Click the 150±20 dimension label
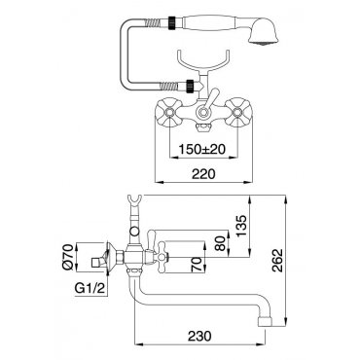coord(202,149)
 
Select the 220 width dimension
coord(203,174)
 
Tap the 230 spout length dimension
coord(199,336)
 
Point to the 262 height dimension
coord(277,260)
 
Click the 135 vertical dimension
coord(241,226)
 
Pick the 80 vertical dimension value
coord(221,243)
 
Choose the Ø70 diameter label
coord(67,257)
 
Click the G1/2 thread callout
coord(90,288)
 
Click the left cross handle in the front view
coord(169,113)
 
